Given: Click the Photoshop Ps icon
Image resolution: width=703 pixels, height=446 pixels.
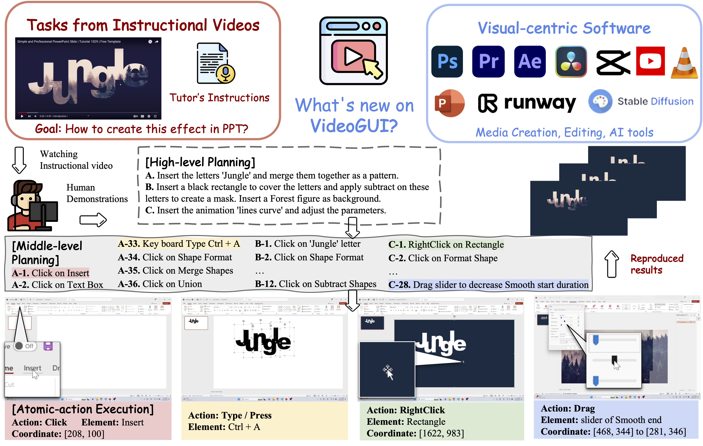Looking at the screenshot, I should pyautogui.click(x=447, y=62).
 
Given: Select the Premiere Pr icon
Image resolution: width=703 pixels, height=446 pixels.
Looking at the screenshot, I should pyautogui.click(x=488, y=62).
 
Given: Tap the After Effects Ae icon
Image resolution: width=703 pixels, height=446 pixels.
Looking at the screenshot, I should pyautogui.click(x=530, y=62).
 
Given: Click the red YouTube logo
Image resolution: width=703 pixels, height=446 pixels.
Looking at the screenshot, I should pyautogui.click(x=650, y=61).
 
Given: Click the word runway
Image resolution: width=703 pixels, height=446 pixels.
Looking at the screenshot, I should pyautogui.click(x=540, y=103).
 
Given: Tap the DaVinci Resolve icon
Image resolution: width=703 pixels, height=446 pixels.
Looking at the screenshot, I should pyautogui.click(x=571, y=62).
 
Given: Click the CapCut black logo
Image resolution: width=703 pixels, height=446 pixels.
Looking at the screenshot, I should pyautogui.click(x=613, y=62).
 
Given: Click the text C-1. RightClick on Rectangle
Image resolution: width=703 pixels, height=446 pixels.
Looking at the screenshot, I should pyautogui.click(x=446, y=245).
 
